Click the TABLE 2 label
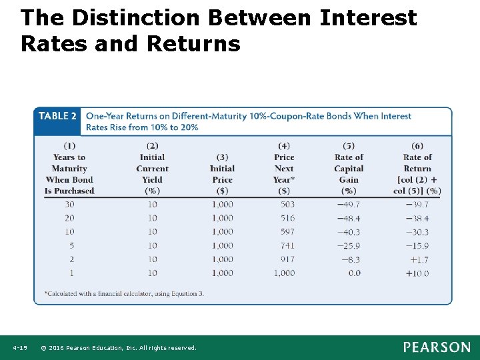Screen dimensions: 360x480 point(57,116)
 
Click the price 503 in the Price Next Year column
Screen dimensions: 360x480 point(287,204)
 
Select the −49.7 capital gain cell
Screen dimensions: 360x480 point(348,204)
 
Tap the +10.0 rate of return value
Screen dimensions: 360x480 point(417,273)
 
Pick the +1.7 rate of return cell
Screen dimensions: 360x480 point(419,259)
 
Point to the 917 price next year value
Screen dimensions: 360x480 point(287,259)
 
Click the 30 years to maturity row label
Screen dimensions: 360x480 point(69,204)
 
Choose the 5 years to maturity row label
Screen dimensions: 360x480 point(71,245)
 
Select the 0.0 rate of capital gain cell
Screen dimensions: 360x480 point(354,273)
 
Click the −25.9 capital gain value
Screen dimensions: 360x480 point(348,245)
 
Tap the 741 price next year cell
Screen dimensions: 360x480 point(287,245)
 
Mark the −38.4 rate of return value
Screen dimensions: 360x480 point(417,218)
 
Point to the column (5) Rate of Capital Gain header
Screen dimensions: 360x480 point(349,169)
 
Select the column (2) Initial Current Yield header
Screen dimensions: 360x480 point(152,169)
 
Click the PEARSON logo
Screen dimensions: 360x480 point(436,347)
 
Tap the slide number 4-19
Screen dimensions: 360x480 point(19,348)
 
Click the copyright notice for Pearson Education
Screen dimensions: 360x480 point(119,348)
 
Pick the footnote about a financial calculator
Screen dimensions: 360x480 point(124,293)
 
